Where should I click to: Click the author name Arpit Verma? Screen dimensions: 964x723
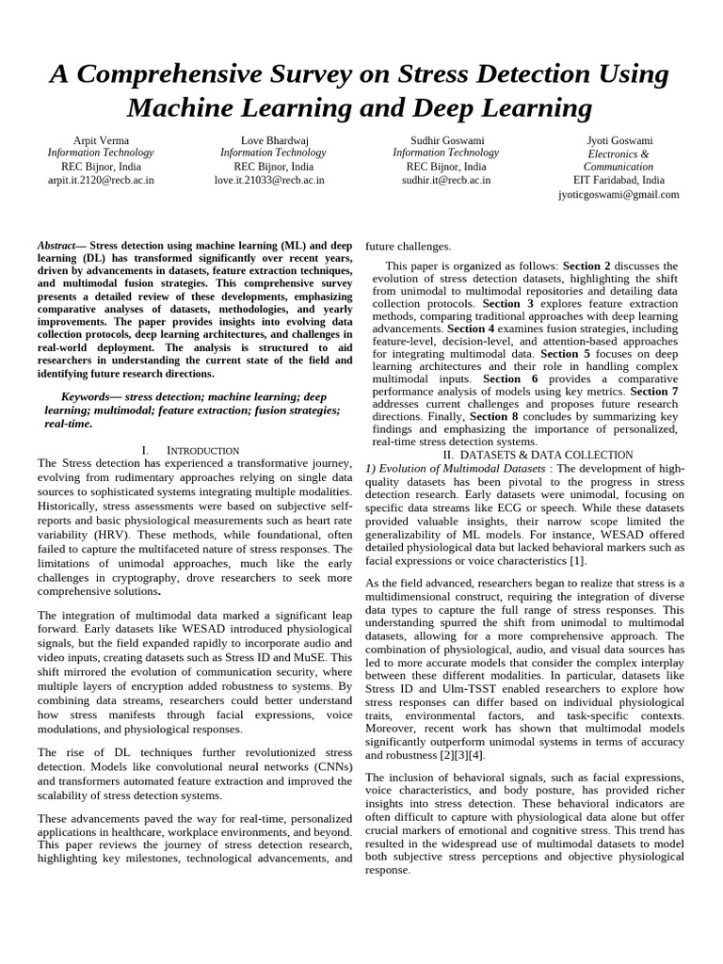[101, 139]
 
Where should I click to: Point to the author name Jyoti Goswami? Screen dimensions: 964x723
[619, 139]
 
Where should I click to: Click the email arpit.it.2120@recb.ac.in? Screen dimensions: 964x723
[101, 180]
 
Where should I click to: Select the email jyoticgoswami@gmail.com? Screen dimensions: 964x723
[619, 194]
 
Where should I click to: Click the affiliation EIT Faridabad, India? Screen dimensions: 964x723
[619, 180]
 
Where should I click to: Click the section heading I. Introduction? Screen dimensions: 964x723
[190, 450]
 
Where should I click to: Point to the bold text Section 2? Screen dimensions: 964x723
[586, 266]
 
